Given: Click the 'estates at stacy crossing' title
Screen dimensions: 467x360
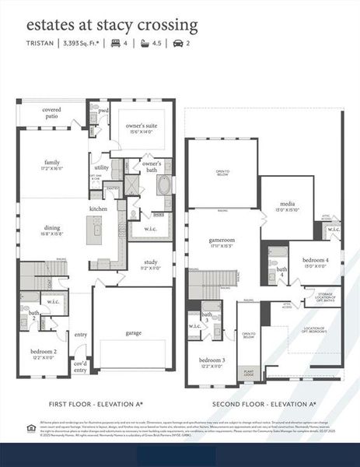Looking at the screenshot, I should pyautogui.click(x=112, y=25).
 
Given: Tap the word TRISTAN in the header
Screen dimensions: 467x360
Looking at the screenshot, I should pyautogui.click(x=40, y=44).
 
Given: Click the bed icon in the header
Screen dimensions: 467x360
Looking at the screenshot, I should pyautogui.click(x=116, y=44).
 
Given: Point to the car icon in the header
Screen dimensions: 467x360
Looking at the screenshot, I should pyautogui.click(x=177, y=44).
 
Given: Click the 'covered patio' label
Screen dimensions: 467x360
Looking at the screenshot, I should pyautogui.click(x=52, y=113).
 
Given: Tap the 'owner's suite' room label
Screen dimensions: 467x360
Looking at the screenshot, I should pyautogui.click(x=142, y=126).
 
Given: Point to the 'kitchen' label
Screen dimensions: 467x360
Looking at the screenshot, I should pyautogui.click(x=98, y=209).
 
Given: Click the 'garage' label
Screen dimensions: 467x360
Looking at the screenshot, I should pyautogui.click(x=134, y=332).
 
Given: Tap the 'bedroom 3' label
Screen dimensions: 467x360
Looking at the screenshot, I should pyautogui.click(x=211, y=361).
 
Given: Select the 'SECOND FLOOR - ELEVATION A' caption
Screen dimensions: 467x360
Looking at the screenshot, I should pyautogui.click(x=264, y=405).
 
